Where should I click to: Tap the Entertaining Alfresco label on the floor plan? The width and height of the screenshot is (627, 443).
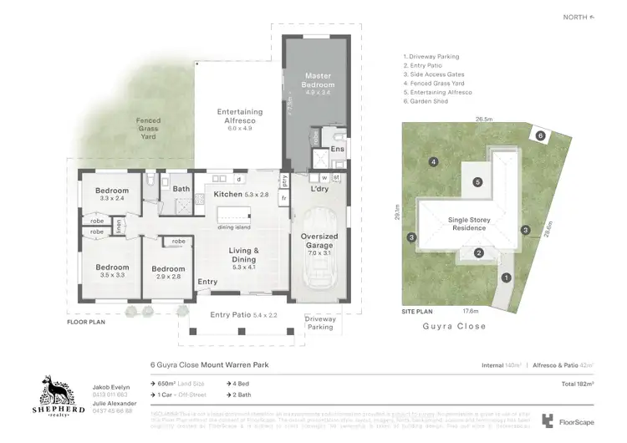point(240,116)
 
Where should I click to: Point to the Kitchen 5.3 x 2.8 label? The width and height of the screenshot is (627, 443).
point(241,194)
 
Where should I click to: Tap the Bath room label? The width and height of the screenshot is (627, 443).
point(181,189)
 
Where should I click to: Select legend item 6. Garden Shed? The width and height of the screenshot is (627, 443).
point(428,101)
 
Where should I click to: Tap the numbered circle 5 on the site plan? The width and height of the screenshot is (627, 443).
point(477,181)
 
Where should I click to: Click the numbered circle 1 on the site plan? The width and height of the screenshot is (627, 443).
point(506,277)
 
